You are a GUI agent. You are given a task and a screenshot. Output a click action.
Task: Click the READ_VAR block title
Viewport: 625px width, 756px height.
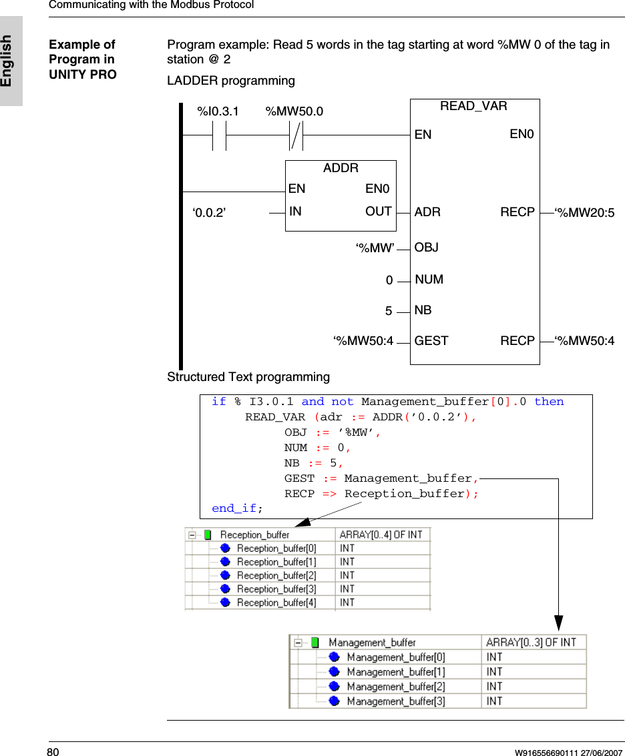pos(473,106)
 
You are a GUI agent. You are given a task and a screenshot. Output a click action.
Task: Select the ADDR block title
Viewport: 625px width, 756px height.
pos(341,168)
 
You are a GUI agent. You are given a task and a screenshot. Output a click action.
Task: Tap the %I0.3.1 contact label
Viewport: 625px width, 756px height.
pos(218,111)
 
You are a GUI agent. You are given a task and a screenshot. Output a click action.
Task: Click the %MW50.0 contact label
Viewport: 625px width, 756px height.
pos(294,111)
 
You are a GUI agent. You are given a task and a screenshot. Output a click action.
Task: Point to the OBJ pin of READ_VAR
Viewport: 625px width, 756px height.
pos(427,248)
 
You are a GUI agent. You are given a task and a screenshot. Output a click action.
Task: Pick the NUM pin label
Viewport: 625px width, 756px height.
pos(429,280)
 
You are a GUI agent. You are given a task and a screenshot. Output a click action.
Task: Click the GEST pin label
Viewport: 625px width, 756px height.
pos(431,341)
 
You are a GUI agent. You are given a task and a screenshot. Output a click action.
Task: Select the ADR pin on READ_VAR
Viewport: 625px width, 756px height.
pos(427,212)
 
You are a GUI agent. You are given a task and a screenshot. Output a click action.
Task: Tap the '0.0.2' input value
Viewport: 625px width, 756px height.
pos(209,213)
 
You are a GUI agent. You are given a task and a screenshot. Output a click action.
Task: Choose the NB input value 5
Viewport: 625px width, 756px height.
pos(389,312)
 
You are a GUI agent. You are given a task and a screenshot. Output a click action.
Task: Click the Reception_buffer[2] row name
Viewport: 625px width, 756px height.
pos(276,575)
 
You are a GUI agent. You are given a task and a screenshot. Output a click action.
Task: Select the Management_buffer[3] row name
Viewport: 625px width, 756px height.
pos(395,701)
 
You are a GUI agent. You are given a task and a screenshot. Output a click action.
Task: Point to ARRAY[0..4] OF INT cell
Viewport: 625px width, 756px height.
pos(382,534)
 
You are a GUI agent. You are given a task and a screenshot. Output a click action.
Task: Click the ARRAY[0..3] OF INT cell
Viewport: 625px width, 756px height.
pos(531,643)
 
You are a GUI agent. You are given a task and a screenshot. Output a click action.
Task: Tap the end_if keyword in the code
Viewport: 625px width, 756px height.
pos(234,508)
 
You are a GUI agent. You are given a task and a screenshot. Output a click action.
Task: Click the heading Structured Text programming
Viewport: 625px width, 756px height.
pos(248,377)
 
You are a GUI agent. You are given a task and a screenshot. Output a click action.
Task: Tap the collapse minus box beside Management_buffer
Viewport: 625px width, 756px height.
pos(298,643)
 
